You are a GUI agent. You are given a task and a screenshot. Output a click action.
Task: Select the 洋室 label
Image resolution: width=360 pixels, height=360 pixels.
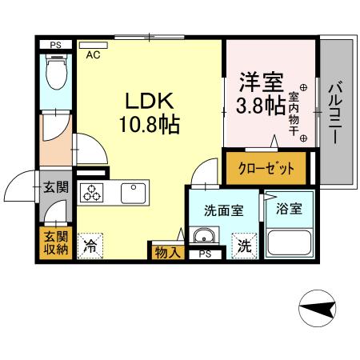pos(258,82)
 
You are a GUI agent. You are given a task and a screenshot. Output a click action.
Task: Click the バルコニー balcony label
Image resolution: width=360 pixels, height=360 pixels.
pos(336,112)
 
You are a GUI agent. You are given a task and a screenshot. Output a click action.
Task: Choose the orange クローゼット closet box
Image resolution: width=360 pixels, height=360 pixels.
pos(266,169)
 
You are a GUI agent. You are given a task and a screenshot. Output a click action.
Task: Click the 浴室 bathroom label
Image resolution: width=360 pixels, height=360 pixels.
pos(289,210)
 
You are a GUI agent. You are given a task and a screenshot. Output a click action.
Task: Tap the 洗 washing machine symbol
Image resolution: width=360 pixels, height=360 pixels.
pos(242,246)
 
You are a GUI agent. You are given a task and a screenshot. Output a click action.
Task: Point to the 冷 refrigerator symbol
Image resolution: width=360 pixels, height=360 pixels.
pos(93,246)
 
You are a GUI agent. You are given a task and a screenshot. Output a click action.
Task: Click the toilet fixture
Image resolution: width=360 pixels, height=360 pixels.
pos(57,75)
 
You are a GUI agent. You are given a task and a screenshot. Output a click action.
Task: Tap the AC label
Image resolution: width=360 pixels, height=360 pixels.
pos(93,55)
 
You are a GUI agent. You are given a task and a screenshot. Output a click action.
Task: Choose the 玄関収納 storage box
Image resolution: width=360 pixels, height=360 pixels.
pos(55,243)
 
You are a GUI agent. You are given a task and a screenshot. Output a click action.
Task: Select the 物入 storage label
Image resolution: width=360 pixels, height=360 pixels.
pos(167,251)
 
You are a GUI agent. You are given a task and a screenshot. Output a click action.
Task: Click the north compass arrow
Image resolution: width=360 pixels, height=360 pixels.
pos(318,309)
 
